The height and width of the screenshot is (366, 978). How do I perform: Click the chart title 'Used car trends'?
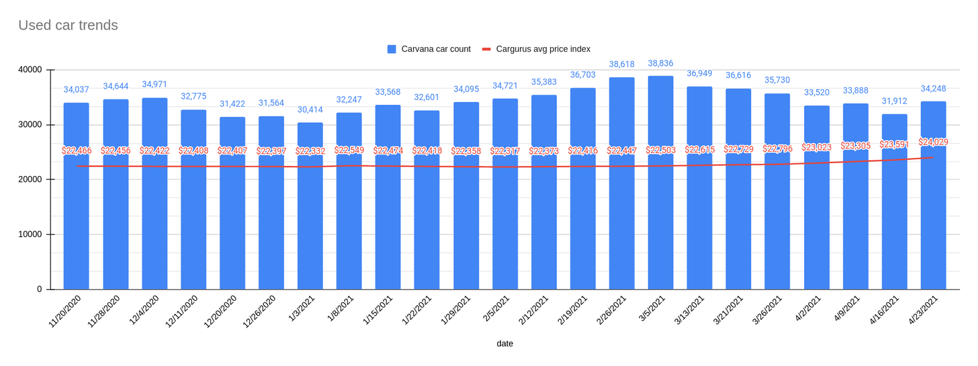(x=68, y=26)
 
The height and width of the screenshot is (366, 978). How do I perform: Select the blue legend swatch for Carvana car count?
(x=392, y=49)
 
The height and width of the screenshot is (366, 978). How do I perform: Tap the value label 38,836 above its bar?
(x=660, y=64)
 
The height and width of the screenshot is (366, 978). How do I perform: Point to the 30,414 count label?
(x=310, y=110)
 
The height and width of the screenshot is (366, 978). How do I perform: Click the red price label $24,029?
(x=934, y=142)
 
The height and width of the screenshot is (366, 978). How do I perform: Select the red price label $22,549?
(x=349, y=150)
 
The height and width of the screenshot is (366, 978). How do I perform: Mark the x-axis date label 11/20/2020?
(x=66, y=311)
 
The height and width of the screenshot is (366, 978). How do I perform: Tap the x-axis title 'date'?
(x=504, y=344)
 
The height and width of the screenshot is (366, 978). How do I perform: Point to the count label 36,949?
(x=699, y=74)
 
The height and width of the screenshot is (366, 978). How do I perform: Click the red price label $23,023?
(x=817, y=146)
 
